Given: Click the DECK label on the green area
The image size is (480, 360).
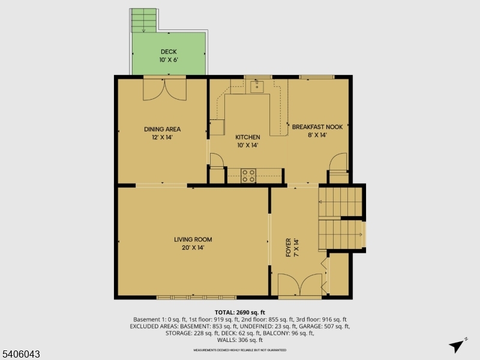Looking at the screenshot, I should [x=168, y=52].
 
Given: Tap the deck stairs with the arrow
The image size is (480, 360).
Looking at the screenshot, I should [x=143, y=21].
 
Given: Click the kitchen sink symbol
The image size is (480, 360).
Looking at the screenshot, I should [x=257, y=87].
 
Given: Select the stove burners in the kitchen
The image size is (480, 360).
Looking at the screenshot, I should [x=248, y=175].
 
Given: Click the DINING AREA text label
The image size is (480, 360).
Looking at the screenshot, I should [x=162, y=129].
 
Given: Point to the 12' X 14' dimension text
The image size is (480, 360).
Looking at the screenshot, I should [x=162, y=137].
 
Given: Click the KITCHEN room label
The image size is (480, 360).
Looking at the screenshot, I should [x=247, y=137].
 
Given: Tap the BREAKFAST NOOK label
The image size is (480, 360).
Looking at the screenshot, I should [x=317, y=127].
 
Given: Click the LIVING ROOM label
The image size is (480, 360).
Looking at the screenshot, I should [x=193, y=239].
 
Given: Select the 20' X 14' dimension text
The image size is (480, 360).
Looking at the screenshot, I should [x=193, y=247].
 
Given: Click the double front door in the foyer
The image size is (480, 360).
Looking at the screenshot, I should [x=300, y=286].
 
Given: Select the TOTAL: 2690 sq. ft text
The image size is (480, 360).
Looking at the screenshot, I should [x=239, y=313].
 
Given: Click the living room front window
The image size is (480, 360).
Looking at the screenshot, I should [x=196, y=297].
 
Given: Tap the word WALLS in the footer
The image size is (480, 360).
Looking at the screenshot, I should [x=227, y=340].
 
